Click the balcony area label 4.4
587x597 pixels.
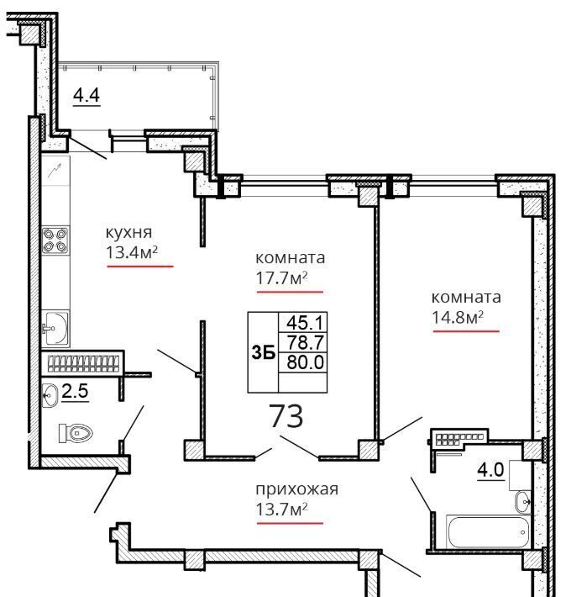(x=86, y=95)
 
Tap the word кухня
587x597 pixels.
(x=128, y=232)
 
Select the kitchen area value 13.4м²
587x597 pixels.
(x=132, y=252)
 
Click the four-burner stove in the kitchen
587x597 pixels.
(x=55, y=240)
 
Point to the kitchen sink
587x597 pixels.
(x=55, y=328)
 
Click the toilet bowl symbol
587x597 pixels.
(x=76, y=433)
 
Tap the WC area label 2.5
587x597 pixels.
(x=75, y=391)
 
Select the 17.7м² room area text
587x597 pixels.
(x=281, y=278)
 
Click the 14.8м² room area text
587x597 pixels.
(x=458, y=317)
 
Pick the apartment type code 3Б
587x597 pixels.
(x=264, y=353)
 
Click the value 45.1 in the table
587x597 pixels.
(x=305, y=323)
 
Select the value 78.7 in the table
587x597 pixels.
(x=305, y=342)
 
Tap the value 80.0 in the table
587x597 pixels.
(x=305, y=362)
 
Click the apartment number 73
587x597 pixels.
(x=286, y=416)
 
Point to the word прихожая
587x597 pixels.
(x=296, y=489)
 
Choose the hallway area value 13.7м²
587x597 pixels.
(x=281, y=509)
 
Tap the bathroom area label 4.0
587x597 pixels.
(x=490, y=469)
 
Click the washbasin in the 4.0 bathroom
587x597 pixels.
(x=523, y=502)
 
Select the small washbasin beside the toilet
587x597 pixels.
(x=50, y=395)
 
